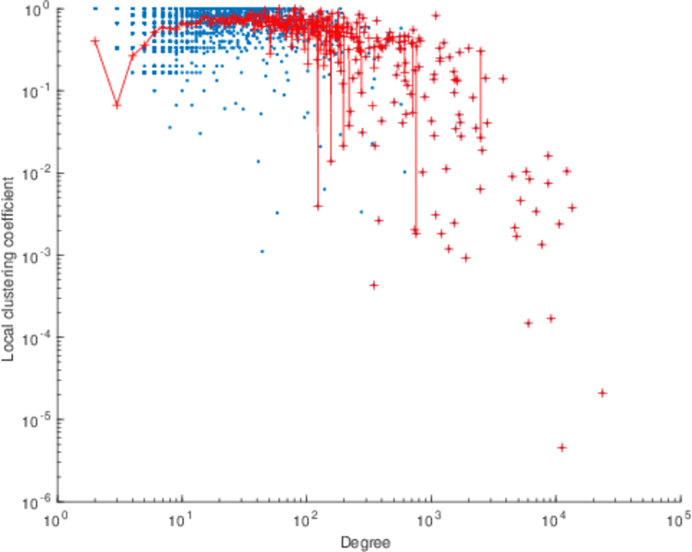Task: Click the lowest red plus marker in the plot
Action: [562, 447]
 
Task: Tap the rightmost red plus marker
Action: [602, 393]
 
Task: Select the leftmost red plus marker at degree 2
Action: [96, 40]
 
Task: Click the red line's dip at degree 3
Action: [117, 105]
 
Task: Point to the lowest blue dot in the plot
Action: [262, 251]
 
